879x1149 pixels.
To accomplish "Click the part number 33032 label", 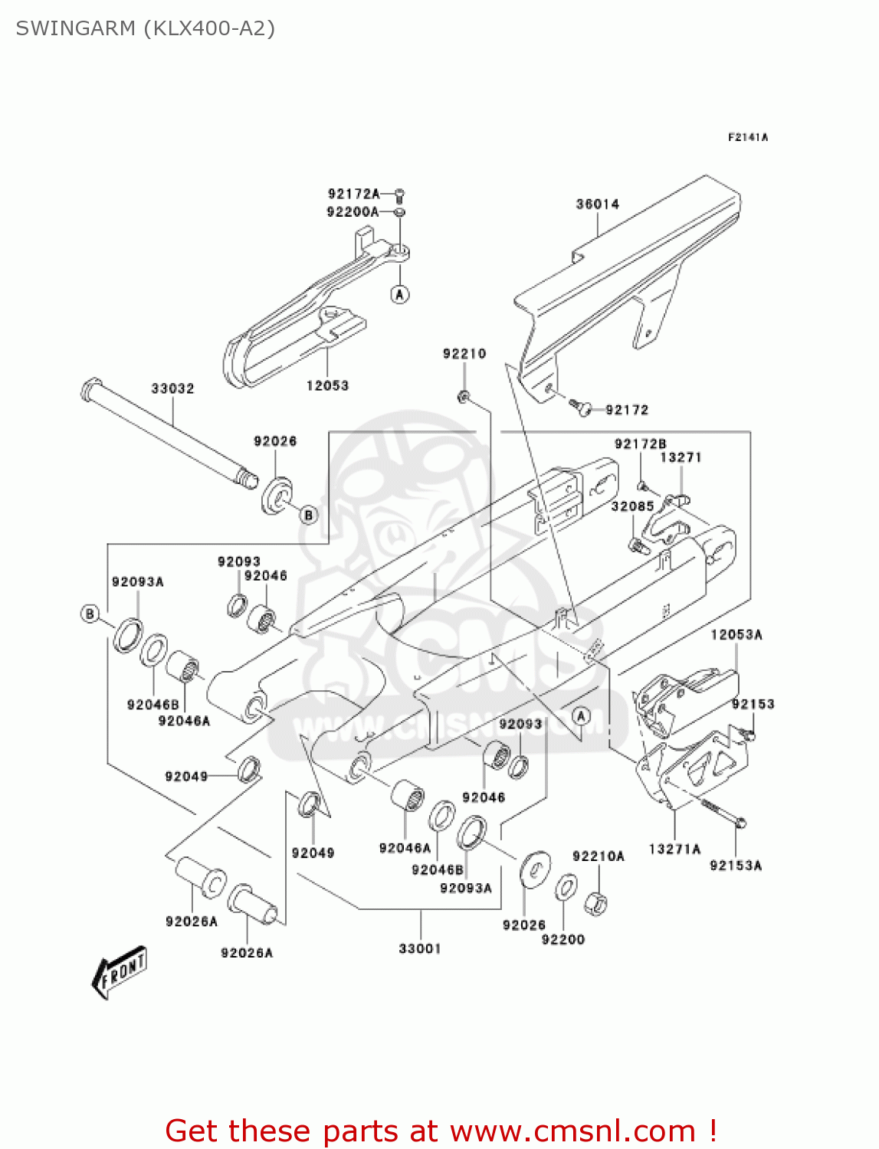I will (x=172, y=388).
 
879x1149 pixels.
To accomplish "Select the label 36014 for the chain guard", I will (x=597, y=204).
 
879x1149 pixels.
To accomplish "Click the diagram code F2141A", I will (x=747, y=137).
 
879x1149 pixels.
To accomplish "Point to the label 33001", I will (x=420, y=948).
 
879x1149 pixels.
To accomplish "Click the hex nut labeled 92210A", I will (x=595, y=904).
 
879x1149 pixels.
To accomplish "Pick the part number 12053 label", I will (x=327, y=385).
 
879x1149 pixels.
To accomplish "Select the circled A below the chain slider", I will (x=400, y=294).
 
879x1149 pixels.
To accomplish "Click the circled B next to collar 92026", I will (x=308, y=515).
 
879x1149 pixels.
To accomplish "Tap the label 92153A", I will (x=735, y=865).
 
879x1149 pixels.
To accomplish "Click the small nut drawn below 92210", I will (x=464, y=397).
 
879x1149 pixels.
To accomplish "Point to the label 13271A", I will (x=674, y=849).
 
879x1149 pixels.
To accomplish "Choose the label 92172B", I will (x=640, y=444).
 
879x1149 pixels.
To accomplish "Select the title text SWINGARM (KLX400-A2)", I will (x=146, y=28).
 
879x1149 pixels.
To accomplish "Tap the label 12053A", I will (x=736, y=634).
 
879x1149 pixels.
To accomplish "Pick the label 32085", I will (x=632, y=506).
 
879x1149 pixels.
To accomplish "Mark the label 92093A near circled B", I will (x=138, y=581).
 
